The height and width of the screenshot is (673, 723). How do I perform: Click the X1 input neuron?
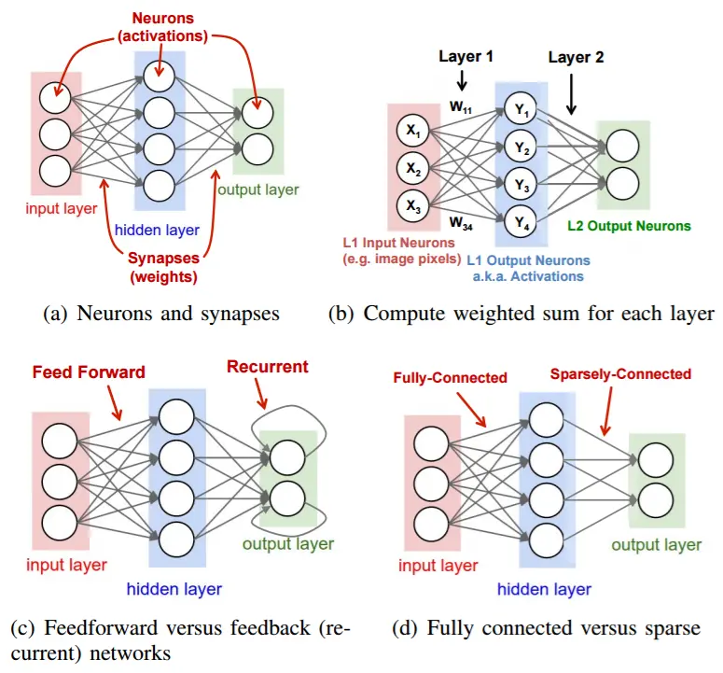pos(411,133)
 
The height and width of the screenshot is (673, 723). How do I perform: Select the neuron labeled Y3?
pos(521,185)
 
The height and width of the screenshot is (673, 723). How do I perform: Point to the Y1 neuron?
pos(521,109)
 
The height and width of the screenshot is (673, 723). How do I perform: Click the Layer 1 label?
pos(466,56)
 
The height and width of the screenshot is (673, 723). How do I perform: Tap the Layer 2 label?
pos(576,57)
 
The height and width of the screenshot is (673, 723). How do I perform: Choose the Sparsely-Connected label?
pos(620,374)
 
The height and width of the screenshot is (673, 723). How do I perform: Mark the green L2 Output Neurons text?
pos(628,225)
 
